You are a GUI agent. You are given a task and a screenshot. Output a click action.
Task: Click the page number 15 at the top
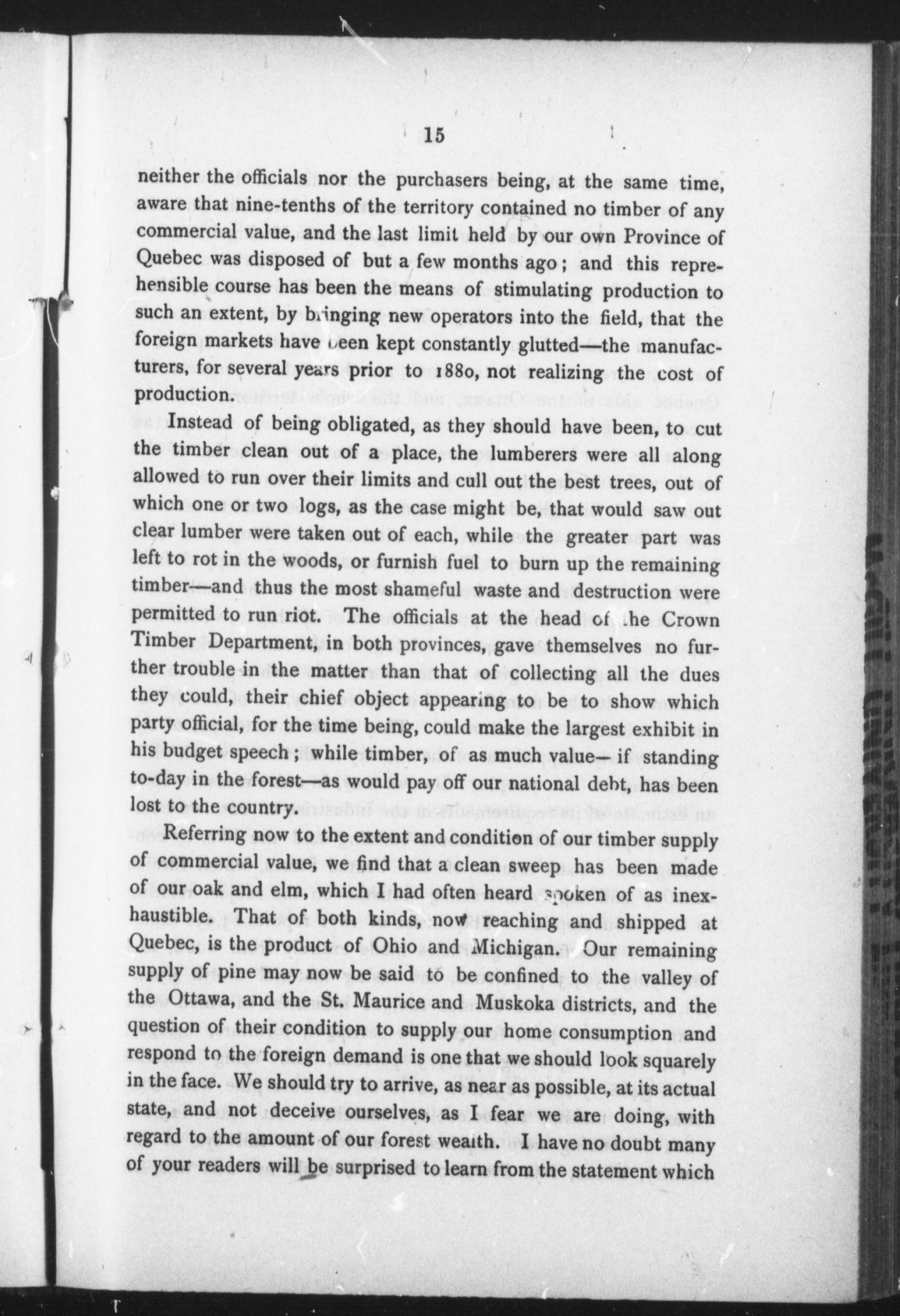434,136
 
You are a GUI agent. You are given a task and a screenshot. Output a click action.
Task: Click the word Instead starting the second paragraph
200,422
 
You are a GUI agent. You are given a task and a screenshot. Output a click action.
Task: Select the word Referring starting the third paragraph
205,835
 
